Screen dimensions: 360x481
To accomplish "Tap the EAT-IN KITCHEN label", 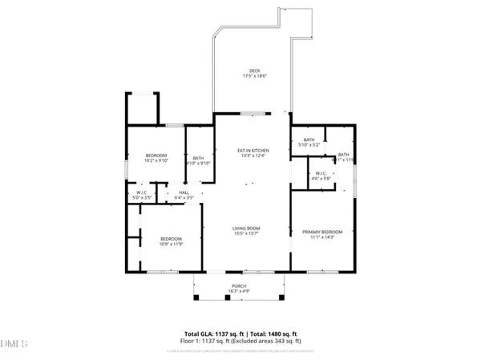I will (x=253, y=150).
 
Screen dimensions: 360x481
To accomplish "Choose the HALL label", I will (x=184, y=192).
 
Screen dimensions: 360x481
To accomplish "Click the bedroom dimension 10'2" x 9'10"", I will (x=156, y=160).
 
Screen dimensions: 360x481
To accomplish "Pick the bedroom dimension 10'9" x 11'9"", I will (x=172, y=244).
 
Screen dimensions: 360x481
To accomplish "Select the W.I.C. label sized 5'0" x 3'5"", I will (x=141, y=196).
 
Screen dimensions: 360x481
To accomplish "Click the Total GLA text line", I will (x=240, y=333).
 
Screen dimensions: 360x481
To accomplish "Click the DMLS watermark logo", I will (x=14, y=345).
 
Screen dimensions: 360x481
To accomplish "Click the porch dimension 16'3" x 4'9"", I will (x=240, y=293).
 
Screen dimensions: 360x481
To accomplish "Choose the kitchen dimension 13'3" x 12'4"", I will (x=253, y=155).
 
